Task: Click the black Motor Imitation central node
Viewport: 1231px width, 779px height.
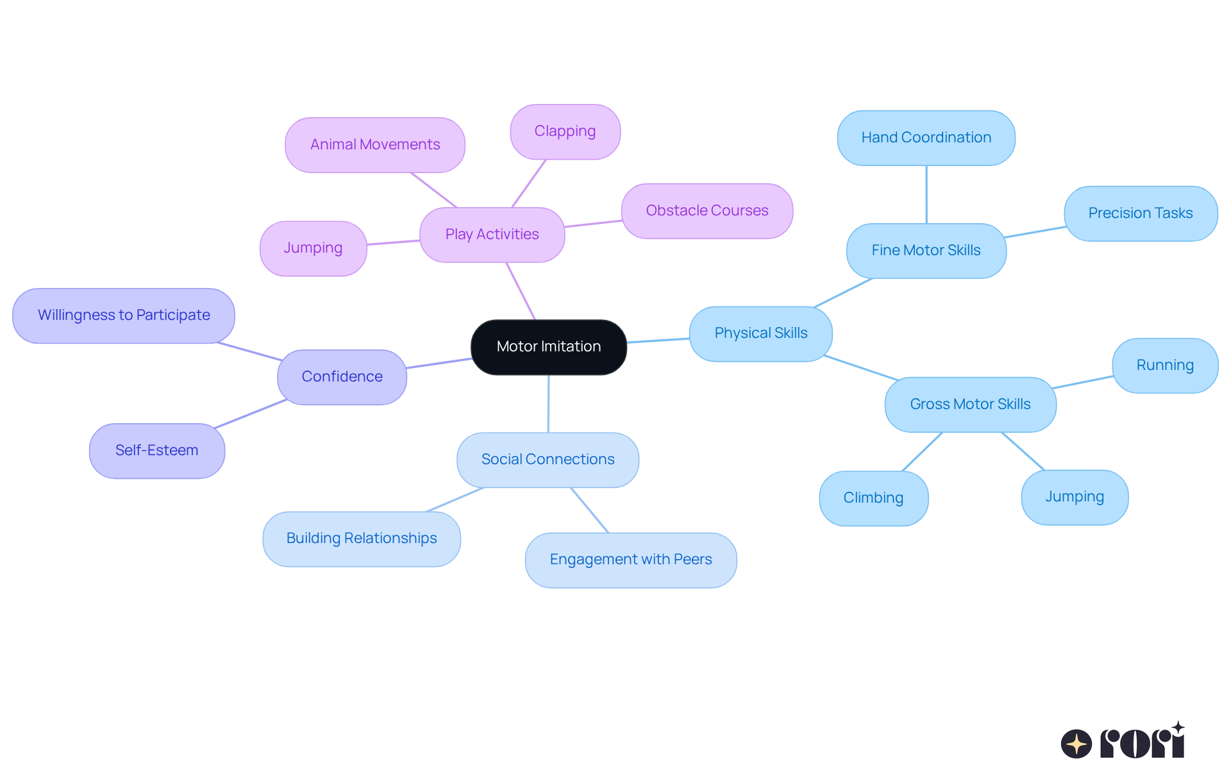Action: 548,347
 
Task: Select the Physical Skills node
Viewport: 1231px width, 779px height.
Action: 760,333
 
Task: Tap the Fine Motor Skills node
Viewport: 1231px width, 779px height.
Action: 926,251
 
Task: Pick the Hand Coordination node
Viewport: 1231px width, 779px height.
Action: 926,138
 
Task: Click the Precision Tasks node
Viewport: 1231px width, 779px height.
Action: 1140,214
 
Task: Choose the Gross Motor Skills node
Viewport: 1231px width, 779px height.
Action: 970,405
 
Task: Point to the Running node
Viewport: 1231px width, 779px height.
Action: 1164,365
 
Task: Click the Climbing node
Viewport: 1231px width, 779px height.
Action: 873,498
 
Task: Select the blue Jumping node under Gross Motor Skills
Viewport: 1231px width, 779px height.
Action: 1075,497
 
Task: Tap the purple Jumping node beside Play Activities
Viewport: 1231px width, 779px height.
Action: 313,248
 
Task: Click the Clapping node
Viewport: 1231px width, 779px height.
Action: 565,131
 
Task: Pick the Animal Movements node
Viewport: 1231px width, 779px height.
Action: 375,145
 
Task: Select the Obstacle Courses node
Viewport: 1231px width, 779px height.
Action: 707,211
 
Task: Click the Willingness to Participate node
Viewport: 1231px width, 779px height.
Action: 124,315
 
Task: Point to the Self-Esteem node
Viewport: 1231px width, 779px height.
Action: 156,451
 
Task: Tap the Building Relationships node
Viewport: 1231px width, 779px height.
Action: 362,539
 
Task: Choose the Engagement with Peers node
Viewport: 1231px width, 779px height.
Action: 630,560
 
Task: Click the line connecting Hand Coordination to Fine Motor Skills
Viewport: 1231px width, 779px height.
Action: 926,194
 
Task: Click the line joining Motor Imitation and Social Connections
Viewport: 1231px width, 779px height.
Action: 548,404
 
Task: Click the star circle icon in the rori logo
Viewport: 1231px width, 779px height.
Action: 1076,744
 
